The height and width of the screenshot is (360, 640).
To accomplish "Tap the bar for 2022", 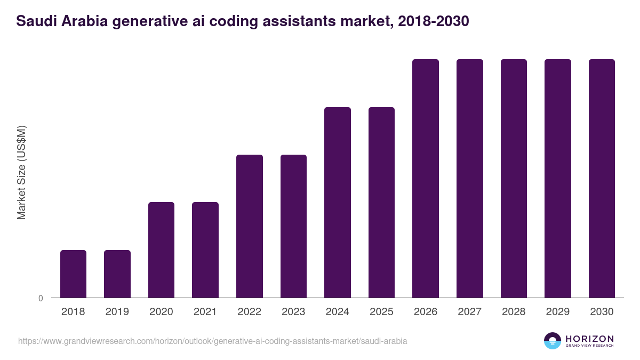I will [x=250, y=226].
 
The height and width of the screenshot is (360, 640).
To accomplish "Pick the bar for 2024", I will [x=338, y=202].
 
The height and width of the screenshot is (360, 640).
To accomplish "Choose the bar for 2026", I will [x=426, y=178].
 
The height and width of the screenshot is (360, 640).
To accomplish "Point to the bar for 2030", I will [x=602, y=178].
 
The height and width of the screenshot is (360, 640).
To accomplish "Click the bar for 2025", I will [x=381, y=202].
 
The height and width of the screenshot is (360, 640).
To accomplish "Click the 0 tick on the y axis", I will [x=41, y=298].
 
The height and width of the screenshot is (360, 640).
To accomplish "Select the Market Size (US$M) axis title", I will [x=21, y=173].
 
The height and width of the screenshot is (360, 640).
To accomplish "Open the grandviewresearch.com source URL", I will [x=213, y=341].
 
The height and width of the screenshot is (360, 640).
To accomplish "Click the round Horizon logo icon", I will [x=553, y=341].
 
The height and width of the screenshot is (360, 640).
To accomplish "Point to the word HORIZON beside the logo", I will [x=589, y=338].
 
